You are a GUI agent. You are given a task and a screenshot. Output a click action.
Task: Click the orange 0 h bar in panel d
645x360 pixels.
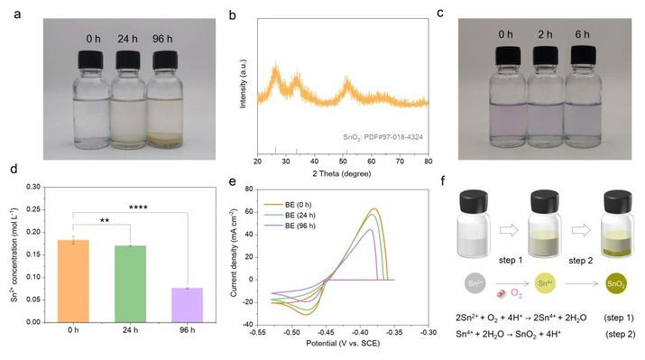[73, 281]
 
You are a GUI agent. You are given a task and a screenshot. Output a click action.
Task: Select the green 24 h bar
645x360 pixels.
[131, 284]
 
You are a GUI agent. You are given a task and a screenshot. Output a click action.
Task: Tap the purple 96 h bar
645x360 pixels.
[187, 305]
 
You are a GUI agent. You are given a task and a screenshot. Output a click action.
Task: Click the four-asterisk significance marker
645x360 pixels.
[138, 208]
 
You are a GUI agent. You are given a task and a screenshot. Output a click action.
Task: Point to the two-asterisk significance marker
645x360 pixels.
[105, 220]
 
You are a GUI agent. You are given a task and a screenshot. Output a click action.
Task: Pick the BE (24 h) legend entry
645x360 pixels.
[290, 215]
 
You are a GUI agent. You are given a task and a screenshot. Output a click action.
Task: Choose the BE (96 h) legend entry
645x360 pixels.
[290, 226]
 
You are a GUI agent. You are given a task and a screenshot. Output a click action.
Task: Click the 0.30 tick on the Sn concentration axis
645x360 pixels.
[33, 187]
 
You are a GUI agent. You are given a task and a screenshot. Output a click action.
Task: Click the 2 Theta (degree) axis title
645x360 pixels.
[342, 173]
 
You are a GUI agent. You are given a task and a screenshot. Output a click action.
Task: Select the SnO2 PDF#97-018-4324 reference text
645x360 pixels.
[383, 137]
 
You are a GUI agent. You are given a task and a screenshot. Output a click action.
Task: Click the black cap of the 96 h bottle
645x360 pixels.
[165, 60]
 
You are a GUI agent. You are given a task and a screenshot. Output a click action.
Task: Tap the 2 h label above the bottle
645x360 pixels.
[545, 34]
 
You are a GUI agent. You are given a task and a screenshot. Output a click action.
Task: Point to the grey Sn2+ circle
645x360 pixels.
[475, 283]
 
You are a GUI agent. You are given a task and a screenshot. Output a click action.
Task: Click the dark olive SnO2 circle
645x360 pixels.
[616, 283]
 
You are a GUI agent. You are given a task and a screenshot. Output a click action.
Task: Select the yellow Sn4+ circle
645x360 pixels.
[545, 283]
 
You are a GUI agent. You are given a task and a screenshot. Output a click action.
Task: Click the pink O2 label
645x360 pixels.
[517, 293]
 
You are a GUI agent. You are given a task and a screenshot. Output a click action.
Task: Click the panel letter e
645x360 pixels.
[233, 181]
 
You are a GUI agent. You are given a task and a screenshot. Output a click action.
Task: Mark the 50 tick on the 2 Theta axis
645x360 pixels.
[343, 162]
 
